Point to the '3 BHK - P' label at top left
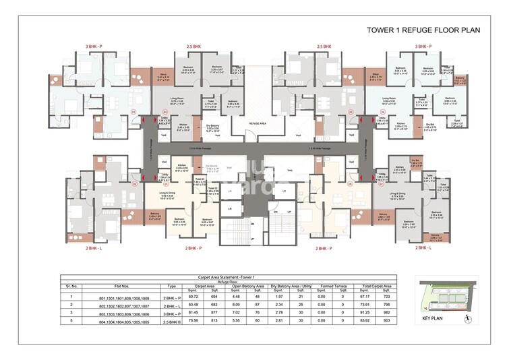pos(94,47)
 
